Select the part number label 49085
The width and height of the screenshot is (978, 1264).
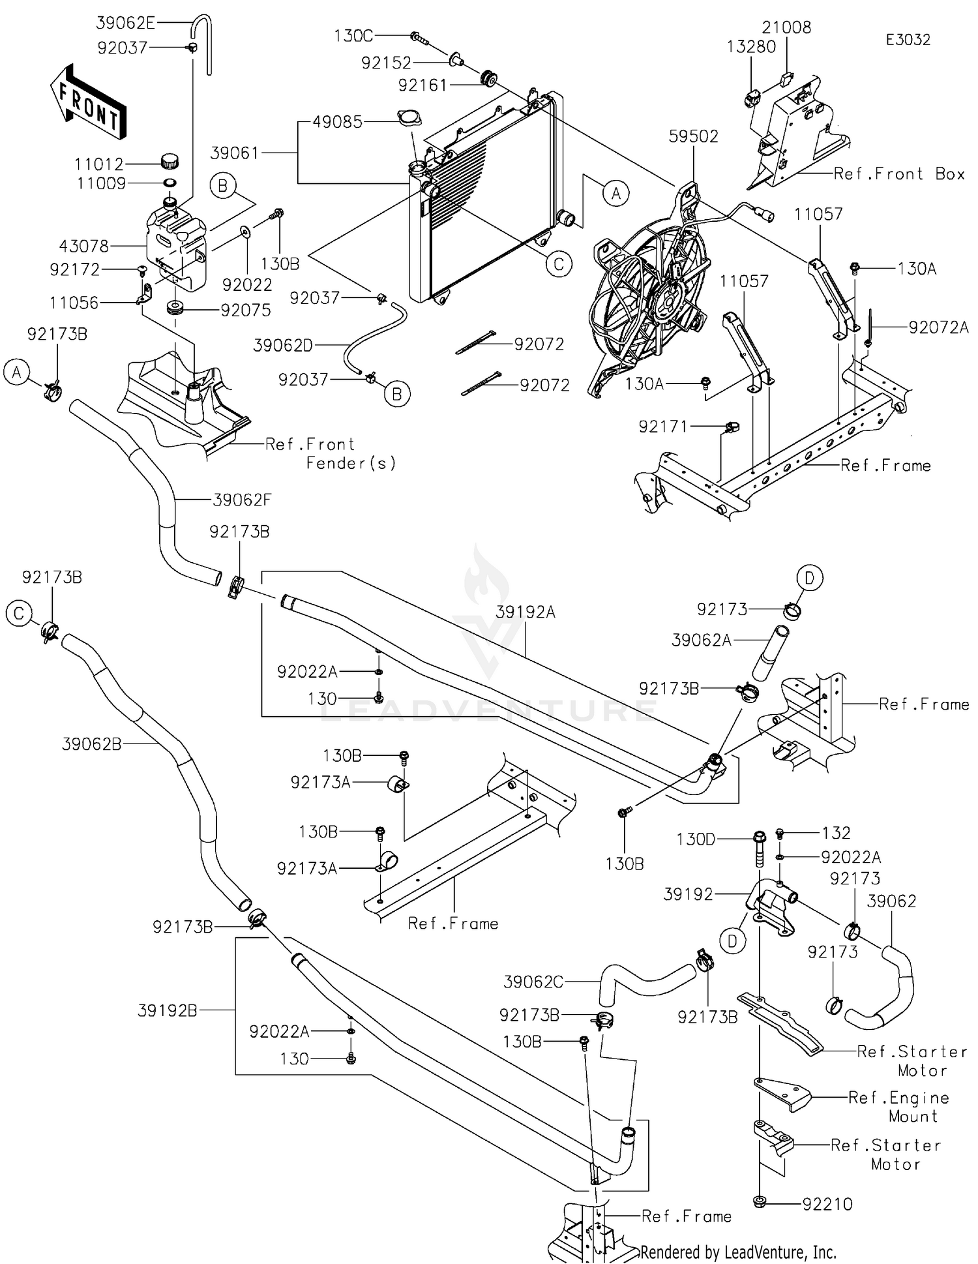tap(337, 122)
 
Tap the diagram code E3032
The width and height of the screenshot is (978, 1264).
tap(908, 40)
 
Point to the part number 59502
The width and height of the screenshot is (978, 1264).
tap(694, 136)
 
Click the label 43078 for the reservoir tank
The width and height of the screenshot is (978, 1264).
tap(84, 247)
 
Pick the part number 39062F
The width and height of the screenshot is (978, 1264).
tap(242, 500)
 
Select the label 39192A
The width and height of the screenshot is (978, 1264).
tap(526, 612)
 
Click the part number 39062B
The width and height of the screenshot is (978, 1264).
tap(92, 744)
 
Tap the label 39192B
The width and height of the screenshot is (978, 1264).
tap(168, 1010)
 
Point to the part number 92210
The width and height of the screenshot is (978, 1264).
tap(827, 1204)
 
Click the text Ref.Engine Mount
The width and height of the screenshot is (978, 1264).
tap(898, 1107)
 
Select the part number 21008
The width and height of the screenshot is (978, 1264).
tap(786, 27)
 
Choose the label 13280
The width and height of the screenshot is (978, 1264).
tap(752, 47)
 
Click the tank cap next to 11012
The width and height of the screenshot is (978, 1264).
tap(170, 160)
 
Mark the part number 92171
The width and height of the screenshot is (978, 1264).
tap(663, 427)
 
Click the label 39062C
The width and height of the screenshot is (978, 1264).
tap(533, 982)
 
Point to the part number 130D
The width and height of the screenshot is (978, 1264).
tap(696, 839)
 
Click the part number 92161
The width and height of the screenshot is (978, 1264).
tap(423, 85)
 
